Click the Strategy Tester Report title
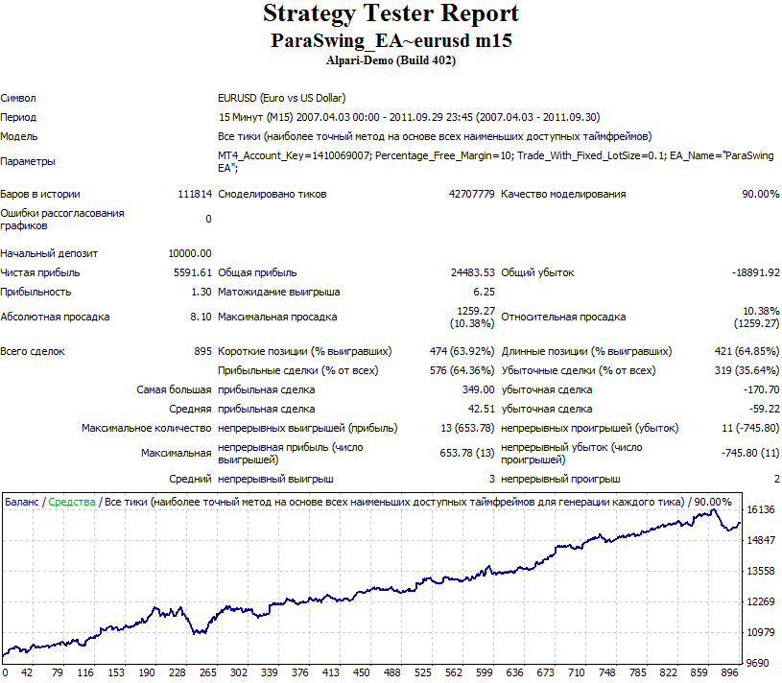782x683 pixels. (x=391, y=14)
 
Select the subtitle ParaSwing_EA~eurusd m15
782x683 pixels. (x=391, y=41)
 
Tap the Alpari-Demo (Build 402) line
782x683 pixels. (x=391, y=60)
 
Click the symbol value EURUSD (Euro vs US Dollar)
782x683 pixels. (x=281, y=98)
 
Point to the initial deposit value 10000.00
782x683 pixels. (x=190, y=253)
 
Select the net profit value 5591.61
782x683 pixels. (x=193, y=272)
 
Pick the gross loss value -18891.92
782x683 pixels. (x=755, y=272)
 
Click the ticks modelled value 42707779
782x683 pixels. (x=471, y=194)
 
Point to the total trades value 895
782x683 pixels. (x=202, y=351)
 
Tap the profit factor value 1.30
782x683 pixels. (x=201, y=292)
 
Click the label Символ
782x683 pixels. (x=19, y=98)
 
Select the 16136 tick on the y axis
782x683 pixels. (x=760, y=509)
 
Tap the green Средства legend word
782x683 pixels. (x=73, y=502)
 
